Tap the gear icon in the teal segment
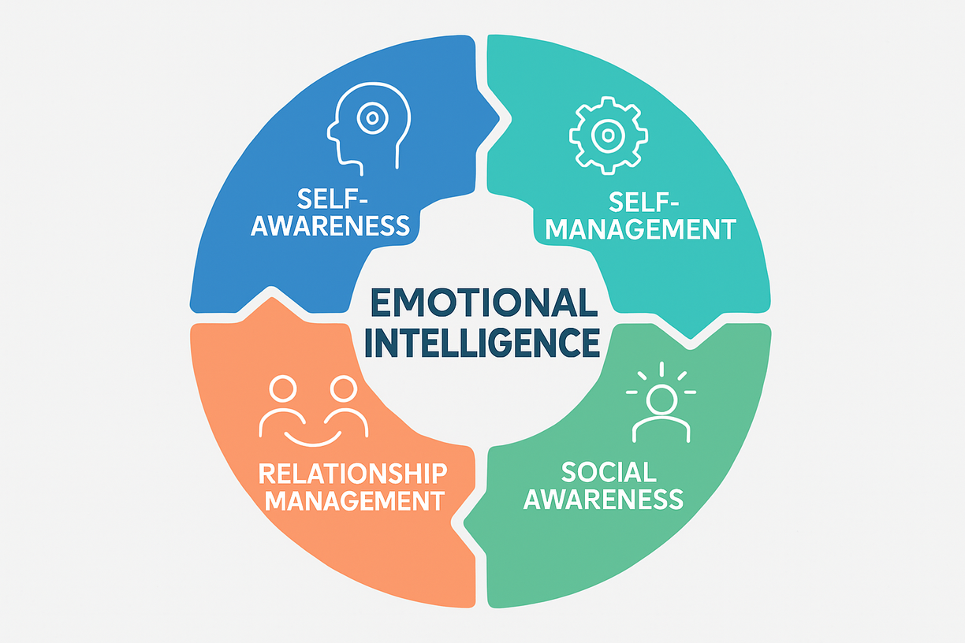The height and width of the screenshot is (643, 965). (x=608, y=135)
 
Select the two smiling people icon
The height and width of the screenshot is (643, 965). (x=314, y=409)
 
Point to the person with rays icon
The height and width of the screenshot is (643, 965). (x=661, y=402)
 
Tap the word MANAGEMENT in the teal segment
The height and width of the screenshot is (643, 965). (x=642, y=229)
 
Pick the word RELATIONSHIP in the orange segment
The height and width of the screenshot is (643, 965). (x=352, y=474)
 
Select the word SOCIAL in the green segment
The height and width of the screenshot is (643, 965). (x=608, y=472)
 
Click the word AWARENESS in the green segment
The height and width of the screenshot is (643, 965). (x=603, y=499)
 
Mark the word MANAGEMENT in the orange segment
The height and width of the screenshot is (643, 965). (x=352, y=500)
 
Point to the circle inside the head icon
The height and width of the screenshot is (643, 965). (x=369, y=119)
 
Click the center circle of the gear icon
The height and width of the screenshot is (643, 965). (x=608, y=135)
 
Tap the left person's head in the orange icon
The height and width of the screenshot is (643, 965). (x=282, y=388)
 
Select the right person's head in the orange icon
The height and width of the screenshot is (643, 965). (x=343, y=388)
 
